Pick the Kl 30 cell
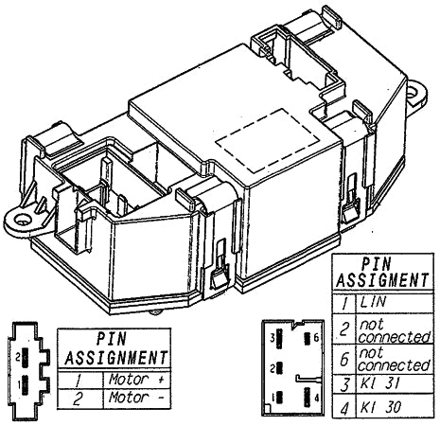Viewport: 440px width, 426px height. [x=383, y=407]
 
